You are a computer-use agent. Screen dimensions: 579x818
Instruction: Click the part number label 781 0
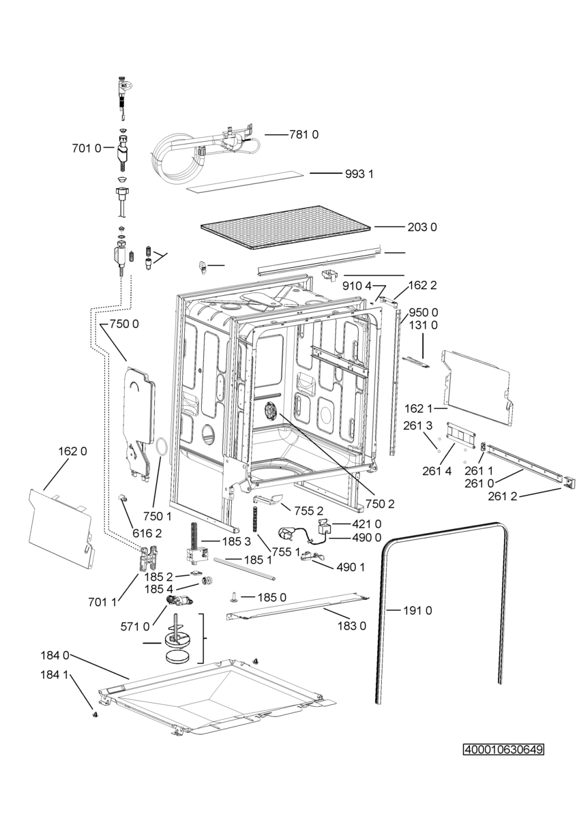point(303,135)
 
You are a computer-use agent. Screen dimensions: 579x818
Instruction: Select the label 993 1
point(359,175)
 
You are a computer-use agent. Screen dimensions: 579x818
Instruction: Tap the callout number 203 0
point(422,227)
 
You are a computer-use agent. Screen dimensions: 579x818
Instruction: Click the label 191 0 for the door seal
point(417,610)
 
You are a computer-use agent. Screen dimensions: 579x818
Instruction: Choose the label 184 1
point(54,675)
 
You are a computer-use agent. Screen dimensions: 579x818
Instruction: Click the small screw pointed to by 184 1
point(95,713)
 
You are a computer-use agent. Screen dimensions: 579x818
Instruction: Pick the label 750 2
point(380,504)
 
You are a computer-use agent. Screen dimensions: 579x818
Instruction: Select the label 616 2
point(147,534)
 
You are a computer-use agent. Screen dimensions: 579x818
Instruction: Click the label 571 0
point(135,627)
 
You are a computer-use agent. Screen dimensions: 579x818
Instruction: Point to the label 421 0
point(366,524)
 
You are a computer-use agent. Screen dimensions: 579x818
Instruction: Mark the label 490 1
point(350,567)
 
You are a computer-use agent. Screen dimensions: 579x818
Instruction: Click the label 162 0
point(73,451)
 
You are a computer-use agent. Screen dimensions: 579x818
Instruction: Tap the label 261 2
point(503,496)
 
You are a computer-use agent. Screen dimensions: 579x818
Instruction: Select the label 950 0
point(423,313)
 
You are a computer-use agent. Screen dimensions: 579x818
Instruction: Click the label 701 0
point(87,149)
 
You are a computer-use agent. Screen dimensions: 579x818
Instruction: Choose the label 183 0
point(351,626)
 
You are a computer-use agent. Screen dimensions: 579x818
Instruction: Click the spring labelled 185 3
point(193,534)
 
